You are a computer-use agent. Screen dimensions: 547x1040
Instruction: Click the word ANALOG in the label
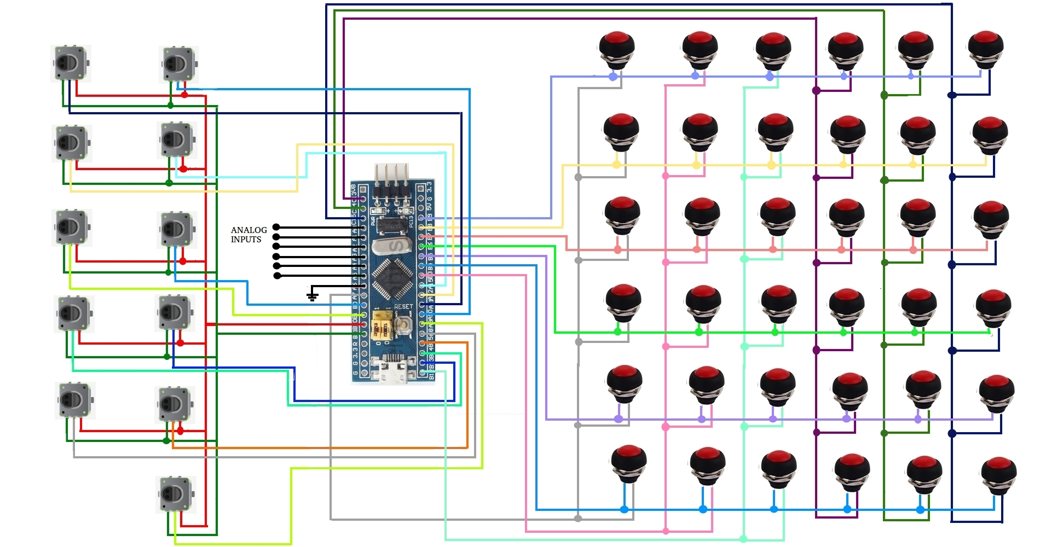249,230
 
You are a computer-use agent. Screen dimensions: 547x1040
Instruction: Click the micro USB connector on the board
392,370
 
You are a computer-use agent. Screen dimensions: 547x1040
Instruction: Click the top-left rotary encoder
70,63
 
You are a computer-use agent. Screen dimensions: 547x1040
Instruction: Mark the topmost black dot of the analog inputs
276,227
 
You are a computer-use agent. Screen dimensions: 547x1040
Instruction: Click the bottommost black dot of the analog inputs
277,276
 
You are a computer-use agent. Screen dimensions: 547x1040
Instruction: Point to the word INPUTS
246,240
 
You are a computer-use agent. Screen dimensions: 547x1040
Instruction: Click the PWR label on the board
373,222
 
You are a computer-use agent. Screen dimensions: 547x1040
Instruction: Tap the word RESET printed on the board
403,307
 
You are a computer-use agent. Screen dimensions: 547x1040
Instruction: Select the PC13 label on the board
411,222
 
